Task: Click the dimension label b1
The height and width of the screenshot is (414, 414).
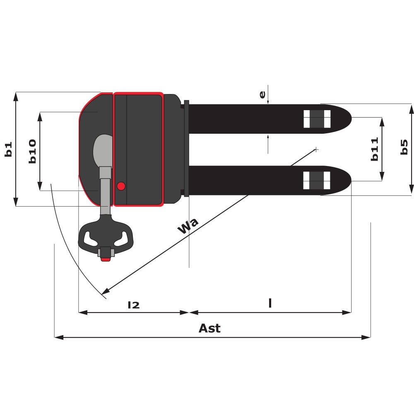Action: (8, 149)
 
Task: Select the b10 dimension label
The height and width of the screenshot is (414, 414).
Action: (32, 151)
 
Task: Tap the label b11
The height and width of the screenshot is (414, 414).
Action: (375, 149)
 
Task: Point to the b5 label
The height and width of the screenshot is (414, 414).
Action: (404, 147)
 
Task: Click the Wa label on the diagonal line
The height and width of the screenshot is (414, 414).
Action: (188, 226)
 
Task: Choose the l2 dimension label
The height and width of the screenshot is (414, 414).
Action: (134, 305)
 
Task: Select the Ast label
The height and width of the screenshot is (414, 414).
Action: (209, 328)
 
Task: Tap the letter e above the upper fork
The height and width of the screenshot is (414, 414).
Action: (262, 94)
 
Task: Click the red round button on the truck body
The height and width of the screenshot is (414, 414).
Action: (121, 186)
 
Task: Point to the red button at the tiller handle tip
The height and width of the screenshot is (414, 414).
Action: (106, 260)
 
